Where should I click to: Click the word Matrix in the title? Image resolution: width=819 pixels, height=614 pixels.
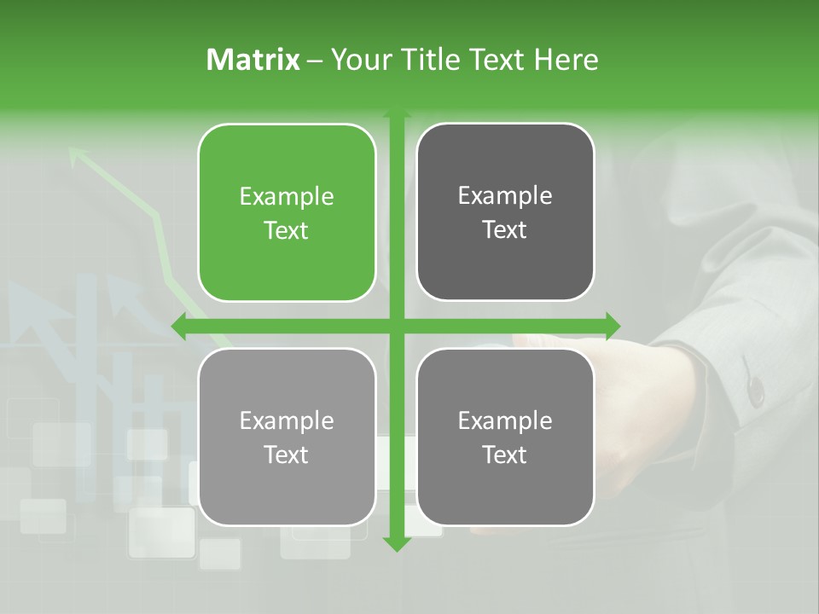(x=253, y=60)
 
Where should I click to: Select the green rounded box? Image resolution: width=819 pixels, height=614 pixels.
(x=287, y=212)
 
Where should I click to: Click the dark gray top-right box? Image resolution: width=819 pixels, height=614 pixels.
(x=505, y=212)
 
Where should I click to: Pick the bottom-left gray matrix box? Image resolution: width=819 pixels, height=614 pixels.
(x=287, y=437)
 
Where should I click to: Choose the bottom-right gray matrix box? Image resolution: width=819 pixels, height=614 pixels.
(x=505, y=437)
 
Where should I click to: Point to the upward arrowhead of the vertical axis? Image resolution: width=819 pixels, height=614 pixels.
(x=396, y=114)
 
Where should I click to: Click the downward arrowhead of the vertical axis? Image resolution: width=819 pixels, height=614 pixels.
(x=396, y=544)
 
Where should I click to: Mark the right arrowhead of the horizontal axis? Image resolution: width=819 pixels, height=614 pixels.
(x=613, y=326)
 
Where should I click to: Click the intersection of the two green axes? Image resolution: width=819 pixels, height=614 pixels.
(x=396, y=326)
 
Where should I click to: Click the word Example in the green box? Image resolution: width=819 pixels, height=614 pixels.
(x=287, y=197)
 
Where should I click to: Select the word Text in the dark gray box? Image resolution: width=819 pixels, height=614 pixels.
(x=505, y=230)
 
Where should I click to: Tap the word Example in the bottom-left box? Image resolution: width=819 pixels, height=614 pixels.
(x=287, y=420)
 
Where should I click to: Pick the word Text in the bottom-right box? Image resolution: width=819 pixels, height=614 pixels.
(x=505, y=455)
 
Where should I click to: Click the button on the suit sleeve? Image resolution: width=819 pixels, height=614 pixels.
(x=754, y=388)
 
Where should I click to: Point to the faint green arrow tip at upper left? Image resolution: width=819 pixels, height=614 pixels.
(x=77, y=153)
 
